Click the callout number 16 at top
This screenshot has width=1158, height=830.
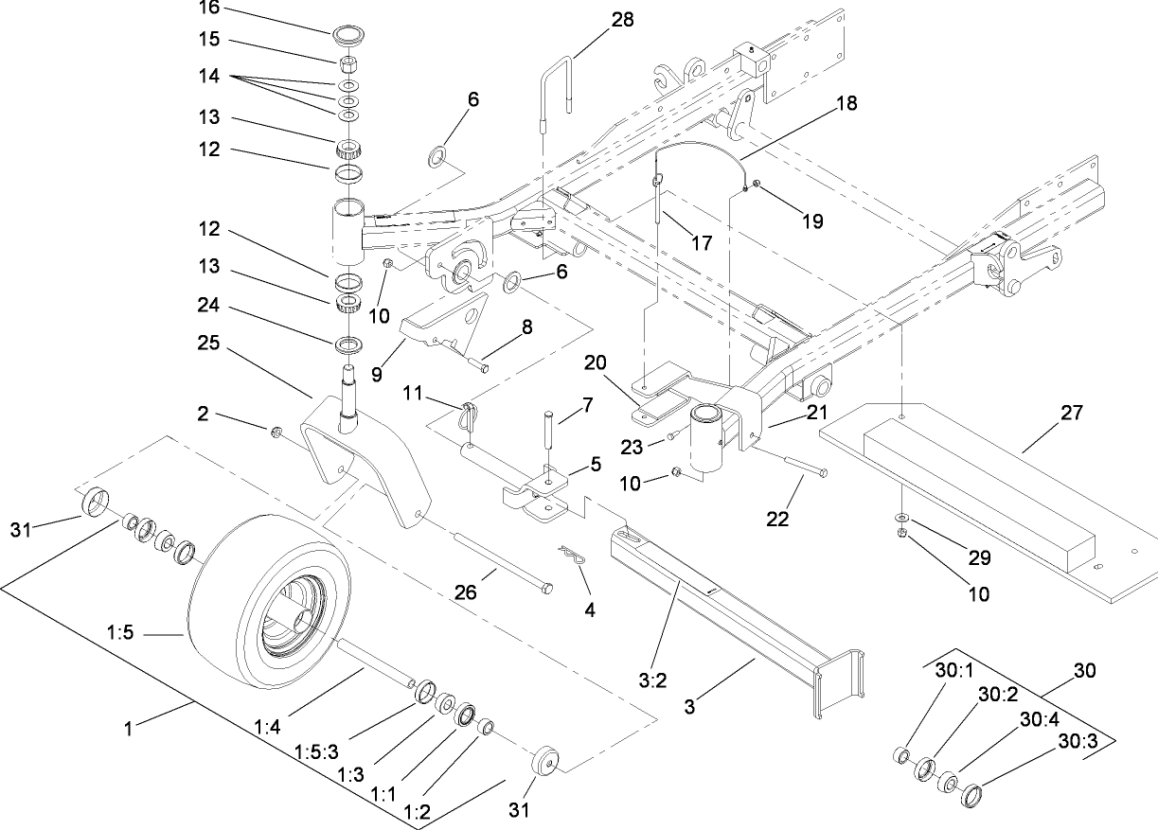pyautogui.click(x=207, y=9)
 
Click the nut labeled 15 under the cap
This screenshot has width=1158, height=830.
pyautogui.click(x=348, y=64)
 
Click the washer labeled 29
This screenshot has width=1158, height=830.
pyautogui.click(x=899, y=518)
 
